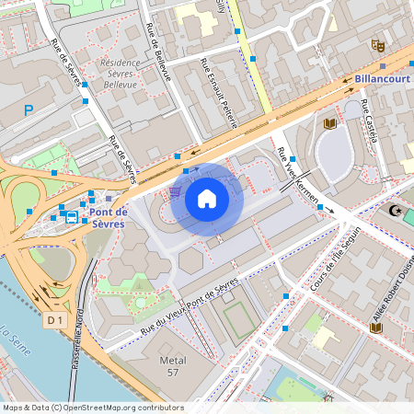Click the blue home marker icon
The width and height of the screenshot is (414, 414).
pos(207,198)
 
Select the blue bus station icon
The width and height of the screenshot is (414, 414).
pos(72,217)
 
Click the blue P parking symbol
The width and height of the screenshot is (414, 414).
pos(29,109)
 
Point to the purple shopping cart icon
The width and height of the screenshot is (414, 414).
pos(174,192)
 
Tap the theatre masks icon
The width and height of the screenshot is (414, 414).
pos(376,44)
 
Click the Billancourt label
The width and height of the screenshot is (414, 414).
pos(382,79)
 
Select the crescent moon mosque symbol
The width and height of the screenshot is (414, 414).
pos(397,212)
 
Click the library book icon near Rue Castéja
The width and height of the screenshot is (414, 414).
pos(329,123)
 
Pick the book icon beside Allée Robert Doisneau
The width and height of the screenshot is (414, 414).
pos(374,327)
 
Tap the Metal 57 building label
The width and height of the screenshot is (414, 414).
pos(167,365)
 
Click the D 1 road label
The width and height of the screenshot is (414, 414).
pos(56,319)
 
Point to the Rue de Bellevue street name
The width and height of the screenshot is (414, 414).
pos(159,53)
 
